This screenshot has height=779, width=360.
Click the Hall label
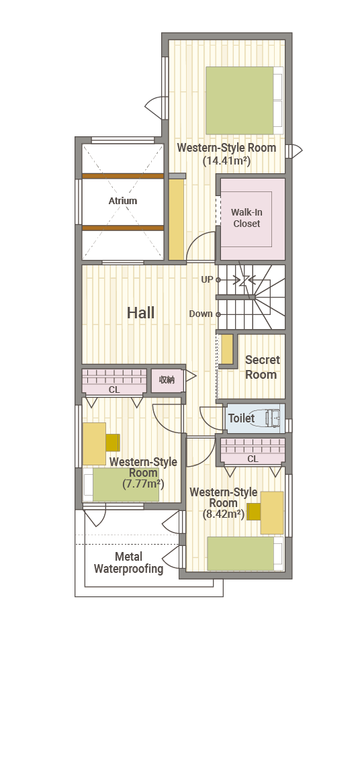pos(140,312)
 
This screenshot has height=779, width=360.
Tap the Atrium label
pos(123,201)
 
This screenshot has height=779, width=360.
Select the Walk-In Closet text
pos(246,218)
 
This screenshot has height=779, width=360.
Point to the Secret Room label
pos(262,367)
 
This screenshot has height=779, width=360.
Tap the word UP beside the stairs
pos(207,280)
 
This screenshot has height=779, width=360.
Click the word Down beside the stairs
pos(201,314)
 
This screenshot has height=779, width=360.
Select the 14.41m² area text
pos(226,161)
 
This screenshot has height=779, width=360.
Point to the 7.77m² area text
pos(143,484)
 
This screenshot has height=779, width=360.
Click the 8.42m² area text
pos(224,514)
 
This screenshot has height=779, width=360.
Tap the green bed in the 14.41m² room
pos(240,100)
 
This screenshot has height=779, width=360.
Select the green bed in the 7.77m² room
pos(126,485)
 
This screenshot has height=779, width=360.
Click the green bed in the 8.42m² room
pos(240,553)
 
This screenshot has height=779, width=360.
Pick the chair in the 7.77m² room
pos(113,443)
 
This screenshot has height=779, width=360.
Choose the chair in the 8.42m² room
pos(254,512)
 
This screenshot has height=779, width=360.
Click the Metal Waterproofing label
pos(128,563)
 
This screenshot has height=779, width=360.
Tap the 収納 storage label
pos(167,380)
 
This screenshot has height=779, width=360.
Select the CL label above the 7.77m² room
pos(114,390)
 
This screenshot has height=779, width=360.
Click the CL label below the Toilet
pos(253,459)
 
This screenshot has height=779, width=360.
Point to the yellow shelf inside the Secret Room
pos(227,349)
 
